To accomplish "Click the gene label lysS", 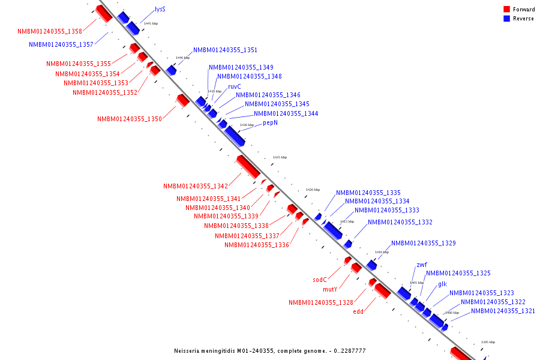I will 160,10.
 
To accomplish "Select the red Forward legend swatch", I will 506,10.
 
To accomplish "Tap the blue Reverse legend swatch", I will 506,19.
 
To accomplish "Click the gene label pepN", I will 271,122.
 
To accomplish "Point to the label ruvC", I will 235,86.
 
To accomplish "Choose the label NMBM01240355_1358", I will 50,31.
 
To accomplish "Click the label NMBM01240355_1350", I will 130,119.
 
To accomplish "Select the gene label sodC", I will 320,280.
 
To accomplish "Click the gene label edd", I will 358,311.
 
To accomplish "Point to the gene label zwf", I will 422,265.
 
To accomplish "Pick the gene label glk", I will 442,284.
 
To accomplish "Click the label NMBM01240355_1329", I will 424,243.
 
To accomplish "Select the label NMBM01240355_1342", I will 196,187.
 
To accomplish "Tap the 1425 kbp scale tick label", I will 280,157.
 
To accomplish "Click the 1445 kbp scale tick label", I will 151,23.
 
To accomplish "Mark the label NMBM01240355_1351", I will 225,50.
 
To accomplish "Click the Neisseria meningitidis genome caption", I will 269,350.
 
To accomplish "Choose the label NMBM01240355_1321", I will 503,311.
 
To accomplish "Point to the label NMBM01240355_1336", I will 257,245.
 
